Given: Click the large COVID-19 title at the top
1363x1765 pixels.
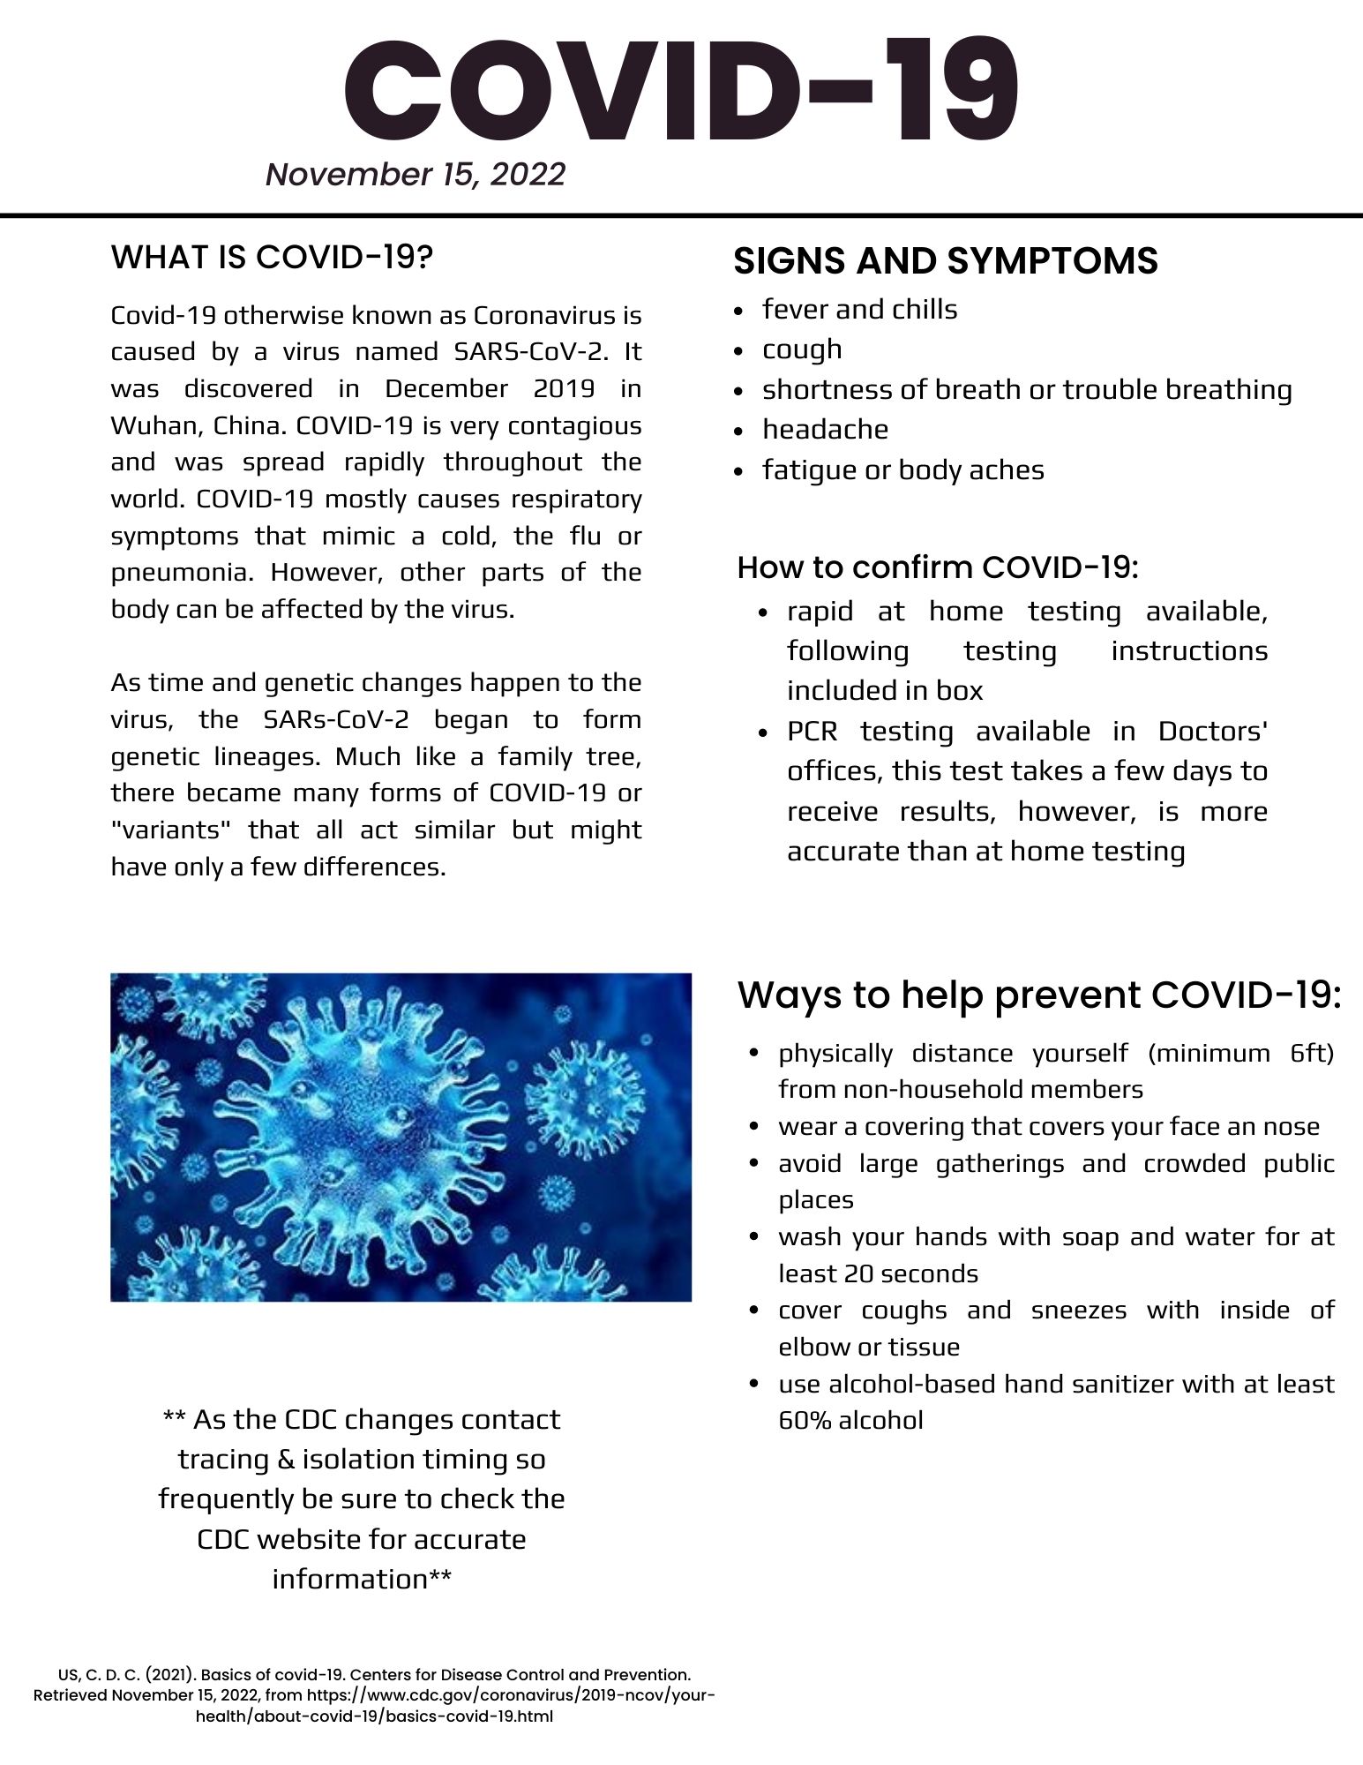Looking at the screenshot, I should point(680,92).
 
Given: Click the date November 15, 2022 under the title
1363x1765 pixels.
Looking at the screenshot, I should point(415,174).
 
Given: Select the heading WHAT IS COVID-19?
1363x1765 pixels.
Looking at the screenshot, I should point(272,257).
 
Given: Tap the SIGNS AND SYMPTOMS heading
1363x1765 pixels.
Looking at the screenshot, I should point(946,261).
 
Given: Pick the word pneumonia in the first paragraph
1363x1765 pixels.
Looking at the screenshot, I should point(181,572).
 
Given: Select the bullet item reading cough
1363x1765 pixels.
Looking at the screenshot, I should point(802,349).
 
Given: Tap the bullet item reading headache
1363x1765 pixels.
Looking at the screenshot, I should point(825,430).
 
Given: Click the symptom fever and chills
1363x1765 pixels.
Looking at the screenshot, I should point(859,310).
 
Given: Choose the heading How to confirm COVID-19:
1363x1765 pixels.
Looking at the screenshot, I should point(938,567).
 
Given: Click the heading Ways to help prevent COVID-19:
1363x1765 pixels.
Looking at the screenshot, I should point(1038,995).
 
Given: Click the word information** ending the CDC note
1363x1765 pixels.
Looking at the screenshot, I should point(362,1578).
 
